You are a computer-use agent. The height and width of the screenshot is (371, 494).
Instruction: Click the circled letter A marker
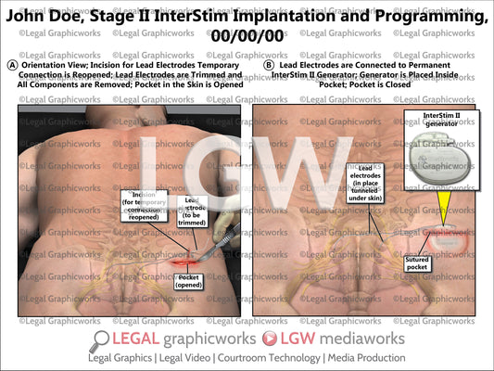[x=10, y=66]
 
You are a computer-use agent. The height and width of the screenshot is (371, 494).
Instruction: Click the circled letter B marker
[x=269, y=66]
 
